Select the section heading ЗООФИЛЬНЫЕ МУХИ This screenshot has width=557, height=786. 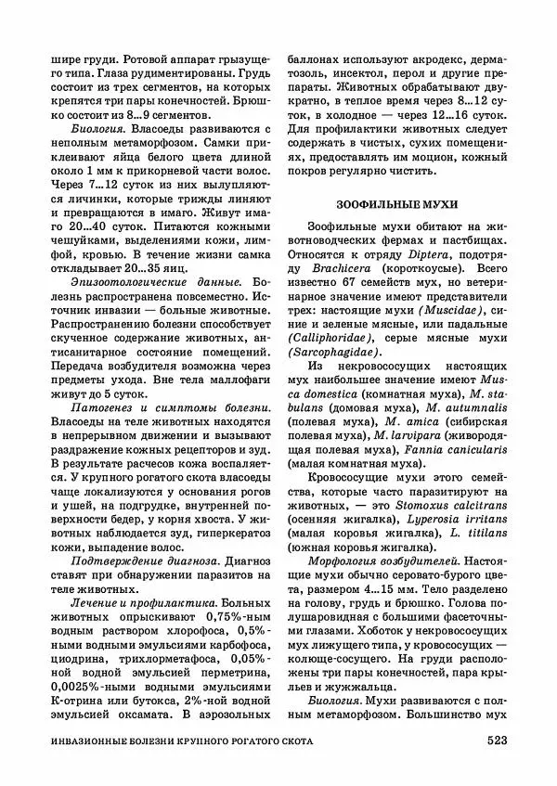[397, 201]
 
